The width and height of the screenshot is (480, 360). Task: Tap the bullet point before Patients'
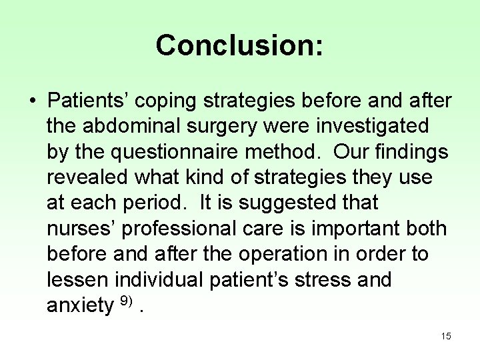32,101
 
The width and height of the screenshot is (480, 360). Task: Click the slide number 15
446,337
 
